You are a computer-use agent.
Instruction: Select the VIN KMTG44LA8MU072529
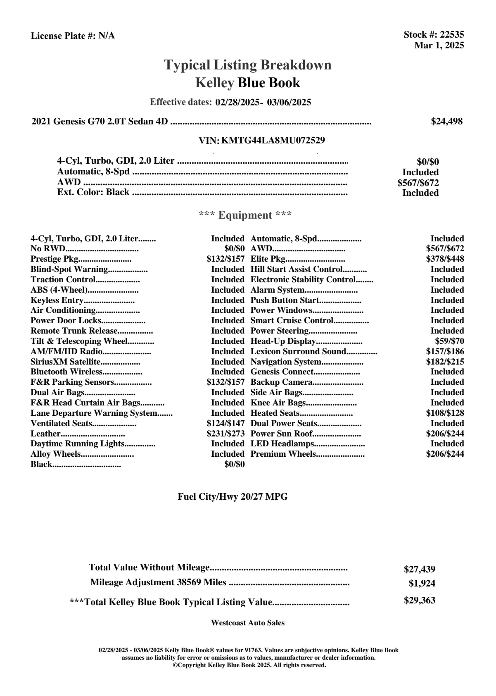273,141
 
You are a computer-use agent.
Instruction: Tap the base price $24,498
446,122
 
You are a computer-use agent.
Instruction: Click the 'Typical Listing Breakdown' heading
248,65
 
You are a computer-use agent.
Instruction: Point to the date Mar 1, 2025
439,45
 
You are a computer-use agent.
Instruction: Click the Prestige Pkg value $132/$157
225,259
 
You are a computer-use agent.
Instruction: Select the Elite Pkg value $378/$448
445,259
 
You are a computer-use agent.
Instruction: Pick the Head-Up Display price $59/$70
449,341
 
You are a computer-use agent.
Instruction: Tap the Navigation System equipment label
286,362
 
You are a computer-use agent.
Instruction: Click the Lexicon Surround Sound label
298,352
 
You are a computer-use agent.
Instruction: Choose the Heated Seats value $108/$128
445,413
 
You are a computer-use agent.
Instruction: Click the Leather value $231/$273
225,434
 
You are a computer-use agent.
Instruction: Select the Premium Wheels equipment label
283,454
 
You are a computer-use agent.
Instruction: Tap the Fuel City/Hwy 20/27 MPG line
233,497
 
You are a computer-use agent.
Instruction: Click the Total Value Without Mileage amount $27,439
419,570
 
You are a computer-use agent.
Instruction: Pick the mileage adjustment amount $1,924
422,584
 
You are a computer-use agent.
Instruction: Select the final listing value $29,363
419,601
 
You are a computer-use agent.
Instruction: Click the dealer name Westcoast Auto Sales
247,623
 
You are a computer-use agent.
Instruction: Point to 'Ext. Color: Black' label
93,192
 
